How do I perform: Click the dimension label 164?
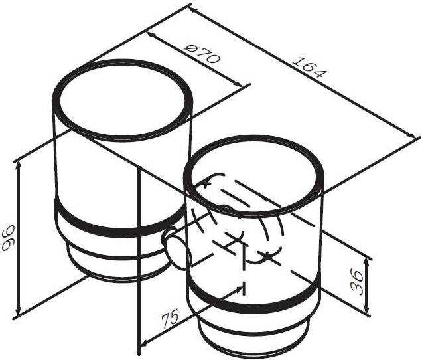coord(309,66)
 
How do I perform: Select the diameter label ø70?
coord(203,54)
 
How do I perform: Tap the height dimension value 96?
coord(8,238)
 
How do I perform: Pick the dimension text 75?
coord(170,319)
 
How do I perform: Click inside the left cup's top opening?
coord(123,100)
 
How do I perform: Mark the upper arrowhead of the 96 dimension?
coord(18,165)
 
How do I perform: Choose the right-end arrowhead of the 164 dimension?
coord(412,135)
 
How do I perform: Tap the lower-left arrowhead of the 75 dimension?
coord(145,343)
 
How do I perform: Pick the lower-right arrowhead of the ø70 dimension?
coord(239,84)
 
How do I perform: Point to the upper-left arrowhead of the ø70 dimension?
coord(150,35)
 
